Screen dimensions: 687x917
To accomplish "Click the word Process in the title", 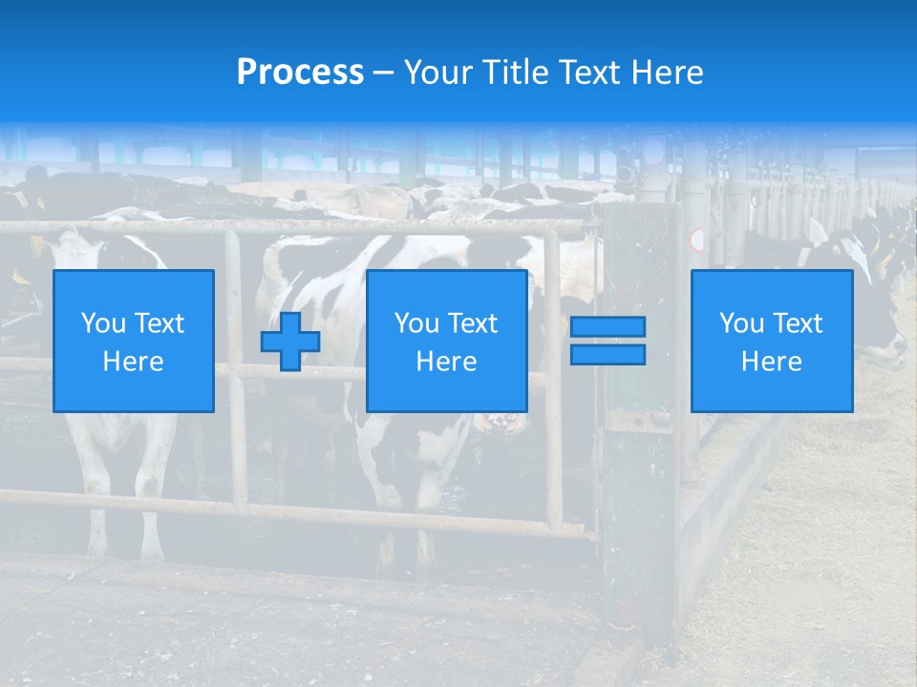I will [300, 73].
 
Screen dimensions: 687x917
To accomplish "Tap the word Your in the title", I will [437, 73].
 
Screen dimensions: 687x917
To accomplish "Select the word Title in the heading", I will [513, 73].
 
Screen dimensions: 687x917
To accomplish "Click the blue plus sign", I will [290, 342].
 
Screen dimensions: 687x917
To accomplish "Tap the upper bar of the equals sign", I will [608, 327].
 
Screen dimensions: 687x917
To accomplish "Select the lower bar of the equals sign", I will [608, 355].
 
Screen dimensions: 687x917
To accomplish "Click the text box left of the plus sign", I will [134, 342].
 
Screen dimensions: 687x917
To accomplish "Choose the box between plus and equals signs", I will [447, 342].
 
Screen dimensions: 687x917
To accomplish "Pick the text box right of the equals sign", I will [772, 342].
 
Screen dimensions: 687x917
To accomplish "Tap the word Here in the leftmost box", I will [134, 362].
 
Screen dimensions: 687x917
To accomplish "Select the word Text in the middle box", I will [472, 323].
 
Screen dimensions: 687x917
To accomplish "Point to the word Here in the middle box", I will [447, 362].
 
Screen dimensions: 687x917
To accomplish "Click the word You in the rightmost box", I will [742, 323].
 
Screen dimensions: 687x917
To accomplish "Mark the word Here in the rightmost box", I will [772, 362].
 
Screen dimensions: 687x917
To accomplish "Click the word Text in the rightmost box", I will [797, 323].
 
